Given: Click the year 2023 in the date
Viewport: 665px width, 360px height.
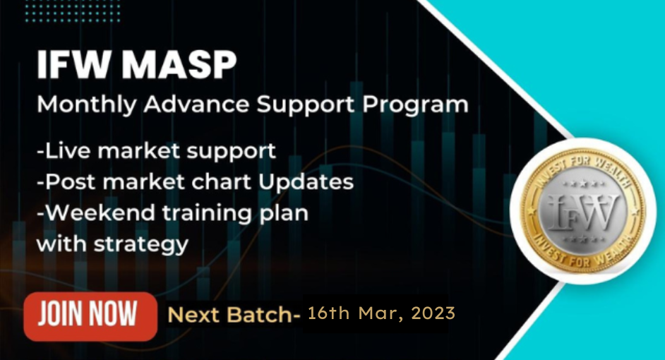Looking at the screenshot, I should (x=432, y=313).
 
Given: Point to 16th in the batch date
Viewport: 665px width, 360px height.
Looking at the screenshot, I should (x=329, y=313).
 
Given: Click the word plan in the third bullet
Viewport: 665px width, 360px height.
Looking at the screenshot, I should (x=284, y=213).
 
